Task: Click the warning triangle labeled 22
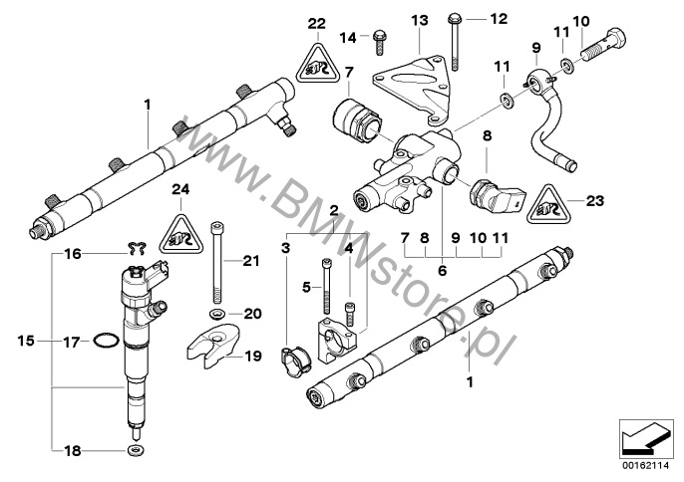pyautogui.click(x=316, y=67)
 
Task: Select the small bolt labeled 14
pyautogui.click(x=380, y=40)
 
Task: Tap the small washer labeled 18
pyautogui.click(x=134, y=451)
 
